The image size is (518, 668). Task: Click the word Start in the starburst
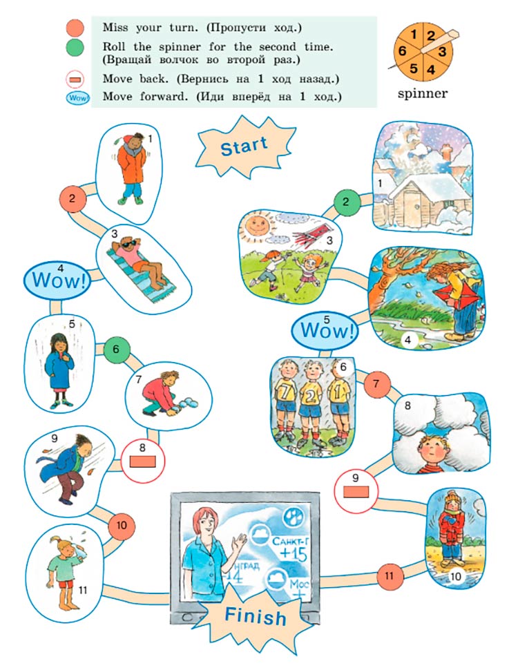244,146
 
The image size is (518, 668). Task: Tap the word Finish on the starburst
255,616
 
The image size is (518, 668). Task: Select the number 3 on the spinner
443,52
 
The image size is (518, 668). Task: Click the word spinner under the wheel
423,93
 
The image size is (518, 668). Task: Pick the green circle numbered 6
116,350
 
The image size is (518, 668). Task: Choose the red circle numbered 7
376,384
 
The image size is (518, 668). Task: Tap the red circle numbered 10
122,525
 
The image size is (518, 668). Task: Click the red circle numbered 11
390,576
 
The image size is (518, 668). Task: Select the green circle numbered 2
346,202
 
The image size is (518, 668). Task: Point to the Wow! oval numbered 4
57,280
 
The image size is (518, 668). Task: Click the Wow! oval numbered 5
325,330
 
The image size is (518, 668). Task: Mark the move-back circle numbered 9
356,491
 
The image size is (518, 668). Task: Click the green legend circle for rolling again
75,47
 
